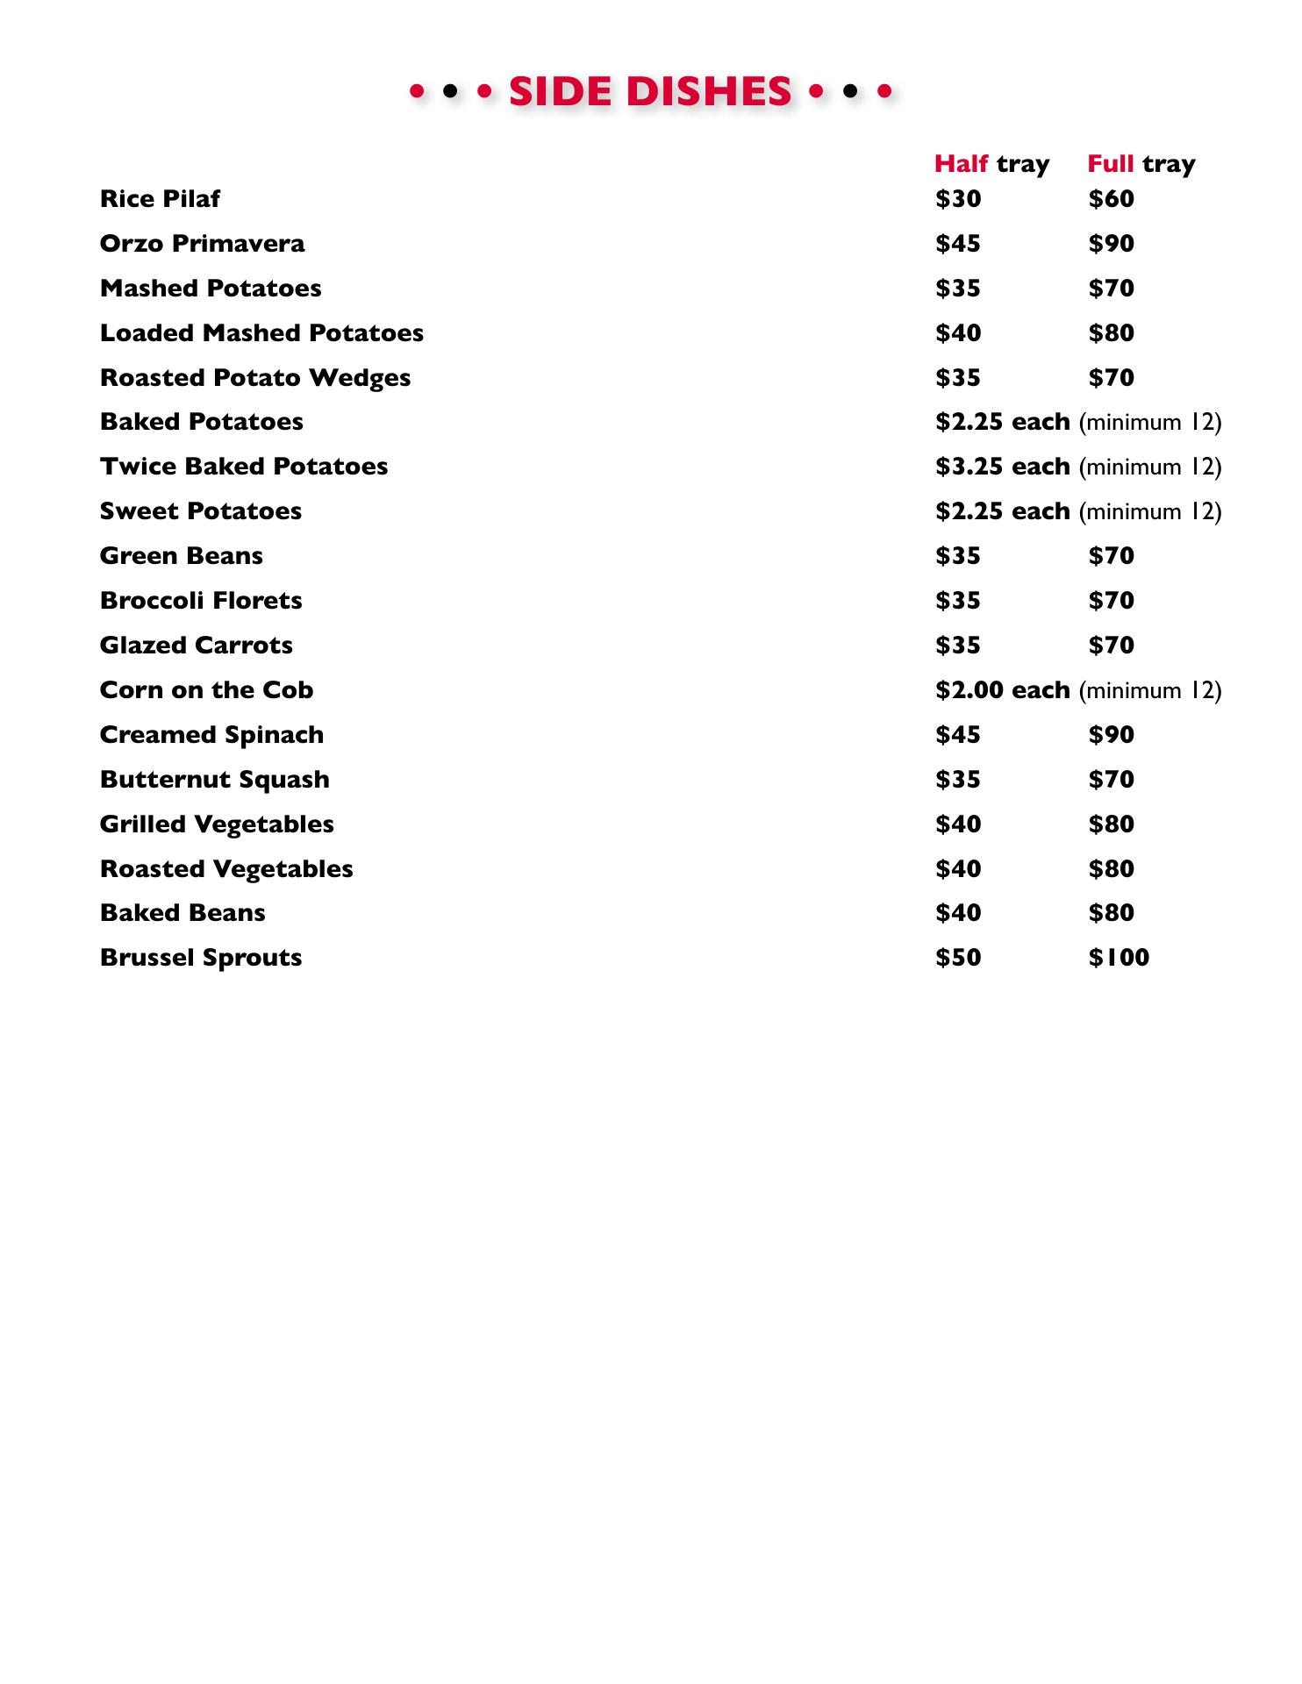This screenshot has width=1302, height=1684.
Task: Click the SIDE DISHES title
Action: pyautogui.click(x=650, y=91)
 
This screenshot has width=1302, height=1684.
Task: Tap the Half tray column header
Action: pyautogui.click(x=991, y=164)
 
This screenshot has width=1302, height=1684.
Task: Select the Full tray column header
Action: pyautogui.click(x=1141, y=164)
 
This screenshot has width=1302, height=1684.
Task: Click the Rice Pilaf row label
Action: pyautogui.click(x=160, y=199)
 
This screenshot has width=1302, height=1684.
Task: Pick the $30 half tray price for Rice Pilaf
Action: pyautogui.click(x=958, y=199)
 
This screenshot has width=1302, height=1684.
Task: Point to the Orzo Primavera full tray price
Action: pyautogui.click(x=1111, y=244)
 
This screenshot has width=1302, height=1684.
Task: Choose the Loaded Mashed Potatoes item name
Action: pyautogui.click(x=261, y=333)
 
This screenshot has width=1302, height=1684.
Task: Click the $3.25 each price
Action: pyautogui.click(x=1002, y=467)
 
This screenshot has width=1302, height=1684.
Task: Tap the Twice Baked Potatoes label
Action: pyautogui.click(x=244, y=467)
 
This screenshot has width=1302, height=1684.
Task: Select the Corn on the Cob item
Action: pyautogui.click(x=206, y=690)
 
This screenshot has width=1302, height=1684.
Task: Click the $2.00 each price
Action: pyautogui.click(x=1002, y=690)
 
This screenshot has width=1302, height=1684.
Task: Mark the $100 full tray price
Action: pyautogui.click(x=1119, y=958)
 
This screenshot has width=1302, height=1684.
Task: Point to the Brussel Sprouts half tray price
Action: pyautogui.click(x=958, y=958)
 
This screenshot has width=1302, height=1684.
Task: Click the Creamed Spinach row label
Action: pyautogui.click(x=211, y=735)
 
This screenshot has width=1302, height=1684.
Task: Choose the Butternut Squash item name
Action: pyautogui.click(x=215, y=780)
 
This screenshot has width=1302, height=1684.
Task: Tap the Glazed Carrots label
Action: pyautogui.click(x=197, y=646)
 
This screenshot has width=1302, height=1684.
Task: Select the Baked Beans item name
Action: pyautogui.click(x=182, y=913)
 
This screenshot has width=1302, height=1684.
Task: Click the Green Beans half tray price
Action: pyautogui.click(x=958, y=556)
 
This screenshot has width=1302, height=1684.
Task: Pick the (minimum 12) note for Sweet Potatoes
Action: pyautogui.click(x=1150, y=511)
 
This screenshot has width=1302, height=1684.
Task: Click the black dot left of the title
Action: pyautogui.click(x=450, y=90)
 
